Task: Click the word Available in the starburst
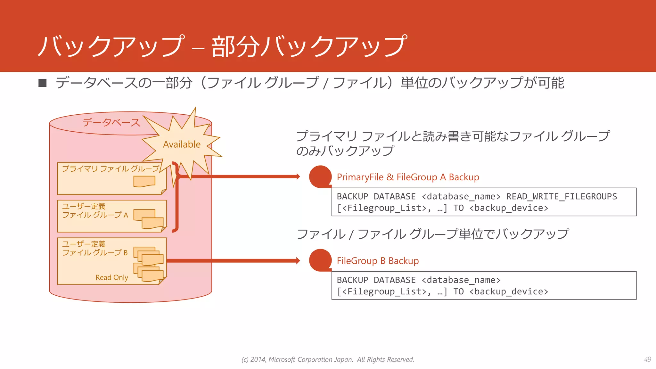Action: click(x=182, y=144)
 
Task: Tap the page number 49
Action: click(x=647, y=359)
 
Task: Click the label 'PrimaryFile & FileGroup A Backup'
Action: click(x=408, y=177)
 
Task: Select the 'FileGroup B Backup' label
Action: click(x=378, y=261)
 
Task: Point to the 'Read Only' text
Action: click(x=112, y=277)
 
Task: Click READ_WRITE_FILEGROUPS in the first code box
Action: click(x=561, y=196)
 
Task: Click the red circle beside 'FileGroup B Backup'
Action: click(x=320, y=260)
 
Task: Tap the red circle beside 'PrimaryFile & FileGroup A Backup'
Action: click(x=320, y=176)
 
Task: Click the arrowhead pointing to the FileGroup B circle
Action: click(x=298, y=260)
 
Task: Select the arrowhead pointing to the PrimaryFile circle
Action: click(x=298, y=176)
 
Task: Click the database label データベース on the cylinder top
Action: click(x=111, y=122)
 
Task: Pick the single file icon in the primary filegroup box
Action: click(x=144, y=181)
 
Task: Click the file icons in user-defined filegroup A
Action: click(x=149, y=219)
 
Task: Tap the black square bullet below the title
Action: click(x=43, y=83)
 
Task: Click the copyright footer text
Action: click(x=328, y=359)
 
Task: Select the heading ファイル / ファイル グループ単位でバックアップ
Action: click(x=433, y=234)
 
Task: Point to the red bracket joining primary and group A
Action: click(x=176, y=197)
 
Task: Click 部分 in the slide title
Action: click(x=235, y=47)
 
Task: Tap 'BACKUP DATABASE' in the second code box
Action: click(x=376, y=280)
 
